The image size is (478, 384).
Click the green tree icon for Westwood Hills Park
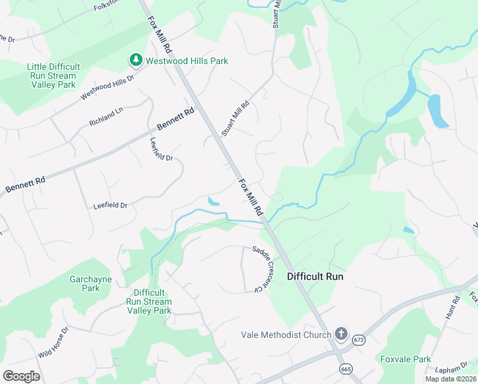(135, 61)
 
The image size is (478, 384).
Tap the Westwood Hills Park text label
(187, 61)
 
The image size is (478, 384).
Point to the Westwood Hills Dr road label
(107, 88)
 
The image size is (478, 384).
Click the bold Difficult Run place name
(315, 276)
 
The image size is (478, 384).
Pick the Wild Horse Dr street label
(52, 343)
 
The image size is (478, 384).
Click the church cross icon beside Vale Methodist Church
(341, 334)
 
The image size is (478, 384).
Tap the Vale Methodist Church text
(286, 335)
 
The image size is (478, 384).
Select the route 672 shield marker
(358, 340)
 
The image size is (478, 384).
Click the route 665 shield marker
(346, 369)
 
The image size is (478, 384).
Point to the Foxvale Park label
(406, 359)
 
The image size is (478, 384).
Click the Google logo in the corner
(21, 376)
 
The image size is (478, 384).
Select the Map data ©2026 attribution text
(451, 379)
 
